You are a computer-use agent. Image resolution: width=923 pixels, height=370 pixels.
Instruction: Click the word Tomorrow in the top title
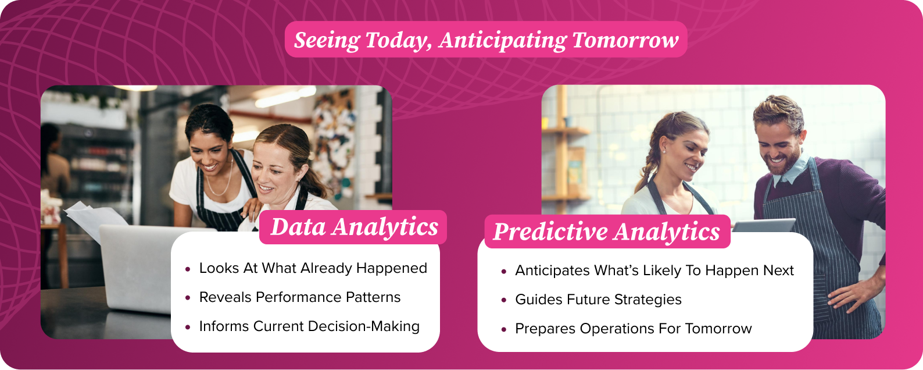625,40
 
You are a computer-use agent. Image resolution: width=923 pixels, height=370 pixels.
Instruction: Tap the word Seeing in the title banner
327,40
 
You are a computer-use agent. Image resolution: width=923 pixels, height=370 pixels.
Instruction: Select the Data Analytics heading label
354,227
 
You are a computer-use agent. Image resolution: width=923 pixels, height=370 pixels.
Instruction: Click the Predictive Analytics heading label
606,232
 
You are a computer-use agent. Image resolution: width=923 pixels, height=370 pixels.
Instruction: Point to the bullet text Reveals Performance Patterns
300,297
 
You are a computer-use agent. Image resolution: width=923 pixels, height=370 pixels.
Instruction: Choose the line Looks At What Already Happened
313,268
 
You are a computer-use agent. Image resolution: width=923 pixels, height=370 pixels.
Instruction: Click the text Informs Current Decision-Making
309,326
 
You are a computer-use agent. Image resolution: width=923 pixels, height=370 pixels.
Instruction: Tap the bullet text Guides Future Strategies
598,300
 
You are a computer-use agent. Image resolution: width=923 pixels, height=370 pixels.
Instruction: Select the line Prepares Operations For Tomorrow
633,329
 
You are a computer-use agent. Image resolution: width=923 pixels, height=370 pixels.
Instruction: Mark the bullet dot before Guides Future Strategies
504,300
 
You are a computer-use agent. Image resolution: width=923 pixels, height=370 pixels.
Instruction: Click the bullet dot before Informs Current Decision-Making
188,327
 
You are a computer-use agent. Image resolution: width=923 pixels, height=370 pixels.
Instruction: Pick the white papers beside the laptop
90,218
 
